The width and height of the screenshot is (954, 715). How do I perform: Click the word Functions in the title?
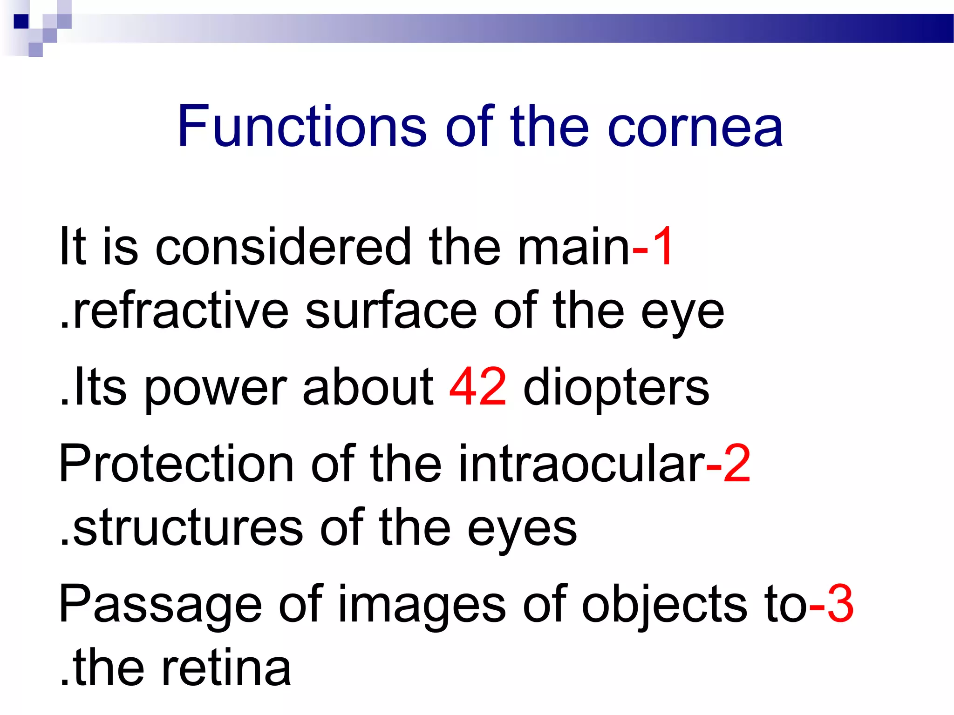click(x=302, y=126)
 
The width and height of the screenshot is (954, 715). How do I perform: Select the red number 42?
click(x=477, y=387)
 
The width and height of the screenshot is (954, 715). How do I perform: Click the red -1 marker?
click(x=652, y=246)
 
